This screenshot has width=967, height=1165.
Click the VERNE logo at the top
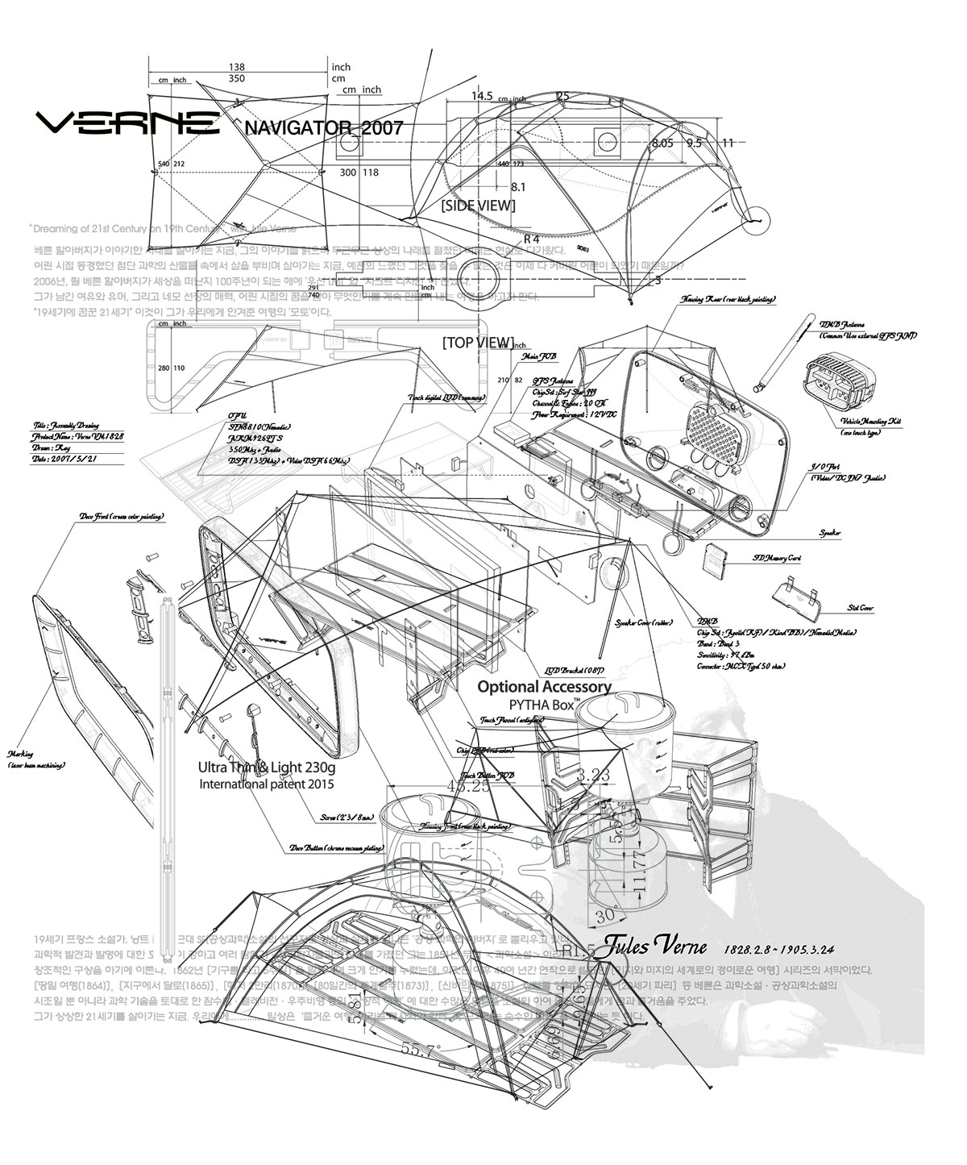(x=129, y=123)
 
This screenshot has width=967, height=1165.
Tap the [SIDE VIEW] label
(x=478, y=206)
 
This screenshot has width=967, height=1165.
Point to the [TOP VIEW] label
(x=478, y=343)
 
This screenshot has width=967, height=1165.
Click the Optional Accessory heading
(x=544, y=687)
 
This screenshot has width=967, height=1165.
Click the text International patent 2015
(x=266, y=783)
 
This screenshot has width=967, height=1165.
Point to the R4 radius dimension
(x=531, y=239)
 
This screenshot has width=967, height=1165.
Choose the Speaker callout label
(x=830, y=533)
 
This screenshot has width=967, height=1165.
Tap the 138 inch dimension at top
(x=236, y=67)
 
